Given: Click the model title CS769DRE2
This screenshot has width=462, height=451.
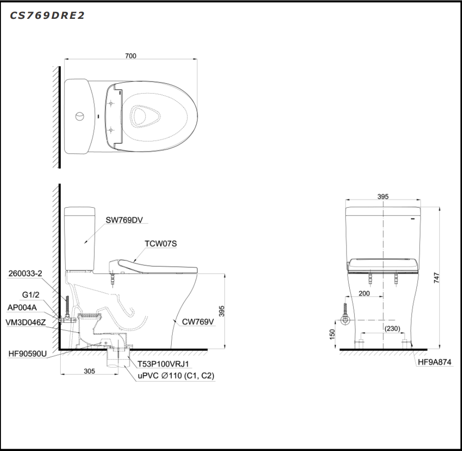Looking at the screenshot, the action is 47,15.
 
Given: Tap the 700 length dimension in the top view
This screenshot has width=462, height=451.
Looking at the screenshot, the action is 131,56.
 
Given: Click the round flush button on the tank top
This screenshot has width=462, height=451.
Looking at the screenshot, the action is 80,116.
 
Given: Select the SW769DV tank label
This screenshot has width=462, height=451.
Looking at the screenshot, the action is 124,220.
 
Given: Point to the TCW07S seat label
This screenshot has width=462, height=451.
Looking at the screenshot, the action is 161,244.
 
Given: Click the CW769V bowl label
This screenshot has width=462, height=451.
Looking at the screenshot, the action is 198,322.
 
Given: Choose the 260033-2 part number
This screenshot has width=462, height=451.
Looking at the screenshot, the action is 25,274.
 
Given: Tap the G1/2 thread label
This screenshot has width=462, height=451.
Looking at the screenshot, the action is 31,295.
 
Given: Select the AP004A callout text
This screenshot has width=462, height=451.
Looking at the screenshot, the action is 22,308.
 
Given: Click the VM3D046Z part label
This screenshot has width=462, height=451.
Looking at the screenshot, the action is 26,322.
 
